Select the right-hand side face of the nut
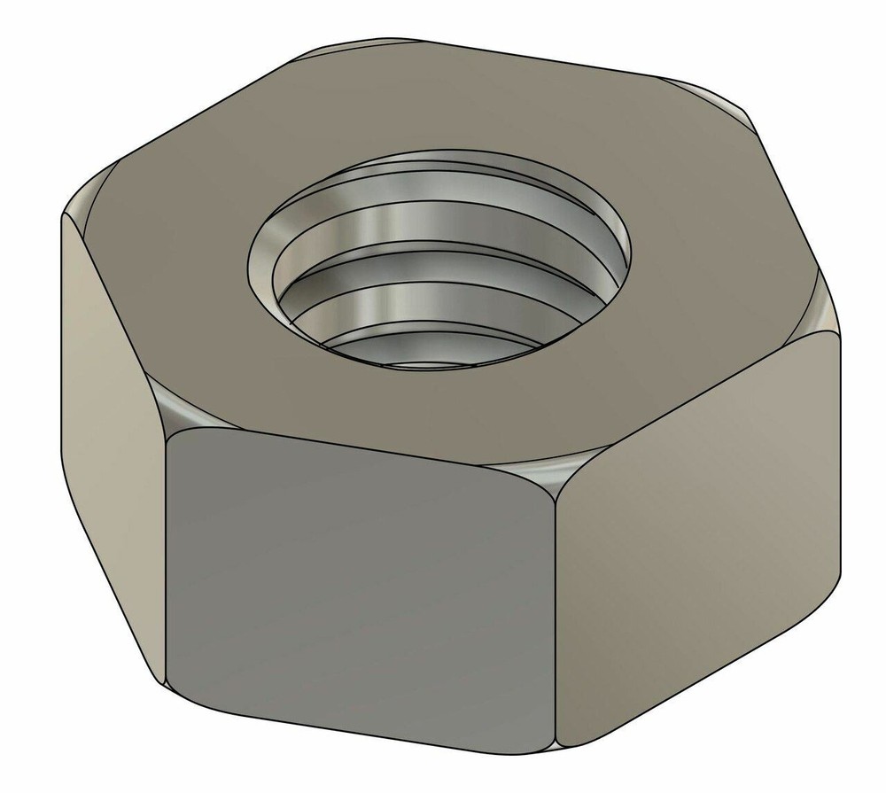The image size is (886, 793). pyautogui.click(x=700, y=532)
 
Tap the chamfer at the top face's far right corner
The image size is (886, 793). pyautogui.click(x=820, y=310)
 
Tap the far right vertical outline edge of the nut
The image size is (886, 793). pyautogui.click(x=839, y=461)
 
